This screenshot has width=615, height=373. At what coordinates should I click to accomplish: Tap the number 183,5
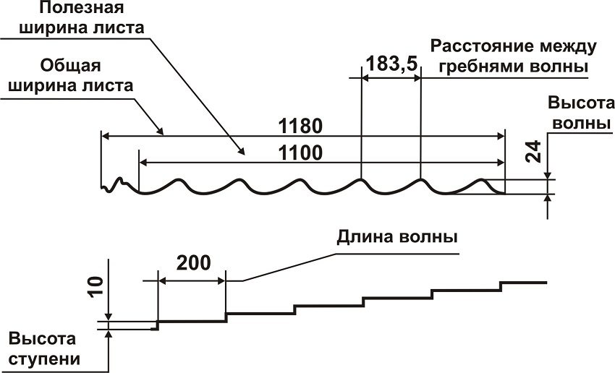pyautogui.click(x=391, y=64)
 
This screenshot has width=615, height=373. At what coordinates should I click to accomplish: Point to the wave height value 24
pyautogui.click(x=533, y=152)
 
